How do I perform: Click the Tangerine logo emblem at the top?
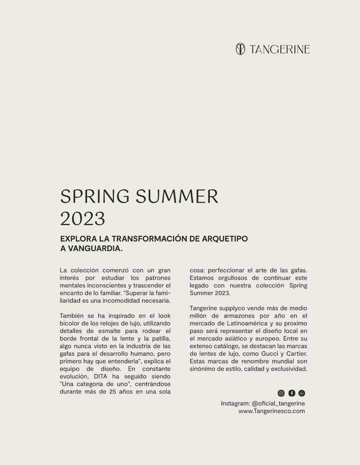240,49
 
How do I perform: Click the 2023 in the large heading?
83,219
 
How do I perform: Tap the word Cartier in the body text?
296,353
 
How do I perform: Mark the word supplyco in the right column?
236,308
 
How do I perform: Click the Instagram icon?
281,393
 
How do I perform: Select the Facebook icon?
292,393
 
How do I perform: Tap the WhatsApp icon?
302,393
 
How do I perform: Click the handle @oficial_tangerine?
278,403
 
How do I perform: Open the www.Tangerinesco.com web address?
272,411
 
